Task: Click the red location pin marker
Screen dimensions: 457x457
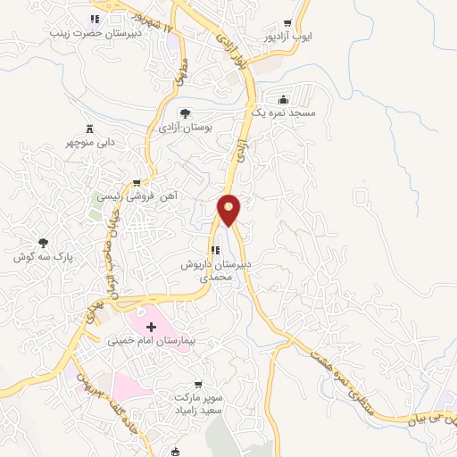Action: click(229, 210)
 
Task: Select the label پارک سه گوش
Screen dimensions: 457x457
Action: click(43, 256)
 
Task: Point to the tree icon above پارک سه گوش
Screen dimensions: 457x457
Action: click(43, 242)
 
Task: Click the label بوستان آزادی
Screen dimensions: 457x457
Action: click(183, 129)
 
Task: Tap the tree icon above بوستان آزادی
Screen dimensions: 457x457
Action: click(184, 113)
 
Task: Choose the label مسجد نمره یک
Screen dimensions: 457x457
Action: click(283, 114)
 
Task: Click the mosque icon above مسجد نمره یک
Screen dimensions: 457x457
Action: click(283, 99)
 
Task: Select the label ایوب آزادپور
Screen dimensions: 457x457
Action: click(287, 39)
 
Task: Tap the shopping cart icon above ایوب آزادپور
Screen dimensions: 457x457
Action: click(287, 24)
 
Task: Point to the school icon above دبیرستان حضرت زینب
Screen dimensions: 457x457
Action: click(95, 20)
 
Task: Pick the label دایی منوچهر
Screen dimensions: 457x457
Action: click(90, 143)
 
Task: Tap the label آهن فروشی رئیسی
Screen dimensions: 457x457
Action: click(137, 195)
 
